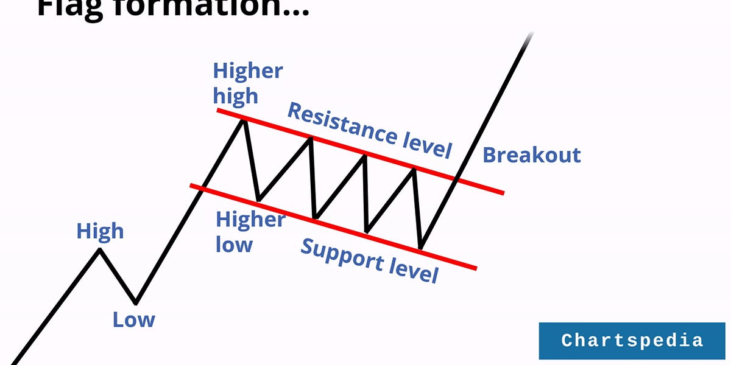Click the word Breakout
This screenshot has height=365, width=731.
(x=532, y=155)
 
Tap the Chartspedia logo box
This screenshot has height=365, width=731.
(x=632, y=340)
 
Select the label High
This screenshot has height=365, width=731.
(x=100, y=231)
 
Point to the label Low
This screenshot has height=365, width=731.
(x=133, y=319)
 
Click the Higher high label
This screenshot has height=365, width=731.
(x=247, y=83)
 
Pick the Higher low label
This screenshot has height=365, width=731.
(x=250, y=232)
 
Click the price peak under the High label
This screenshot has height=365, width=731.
(x=99, y=249)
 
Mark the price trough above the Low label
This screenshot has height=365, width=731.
(x=135, y=303)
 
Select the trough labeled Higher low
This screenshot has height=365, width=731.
(x=258, y=200)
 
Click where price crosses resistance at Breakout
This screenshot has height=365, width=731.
(x=457, y=179)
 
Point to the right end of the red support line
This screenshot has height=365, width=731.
(x=475, y=268)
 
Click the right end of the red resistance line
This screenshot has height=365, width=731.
(x=503, y=193)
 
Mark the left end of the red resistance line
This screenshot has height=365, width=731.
(x=217, y=110)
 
